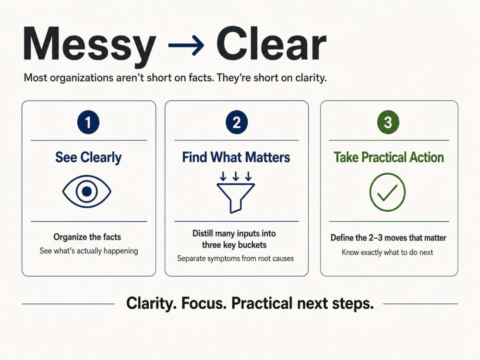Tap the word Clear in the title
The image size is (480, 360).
(271, 44)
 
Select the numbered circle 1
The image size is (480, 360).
(88, 122)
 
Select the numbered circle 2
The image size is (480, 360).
(236, 122)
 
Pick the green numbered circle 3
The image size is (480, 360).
(388, 122)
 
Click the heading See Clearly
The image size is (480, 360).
(88, 157)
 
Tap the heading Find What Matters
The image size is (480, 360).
(236, 157)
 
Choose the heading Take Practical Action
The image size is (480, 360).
(389, 157)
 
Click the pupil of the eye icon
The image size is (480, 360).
(87, 192)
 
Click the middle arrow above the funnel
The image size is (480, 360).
(236, 176)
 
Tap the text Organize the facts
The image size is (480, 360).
(87, 237)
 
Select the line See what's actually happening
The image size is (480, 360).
(89, 251)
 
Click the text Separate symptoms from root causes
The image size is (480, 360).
(235, 259)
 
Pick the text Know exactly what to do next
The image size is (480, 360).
(387, 252)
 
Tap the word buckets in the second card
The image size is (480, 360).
(252, 245)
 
